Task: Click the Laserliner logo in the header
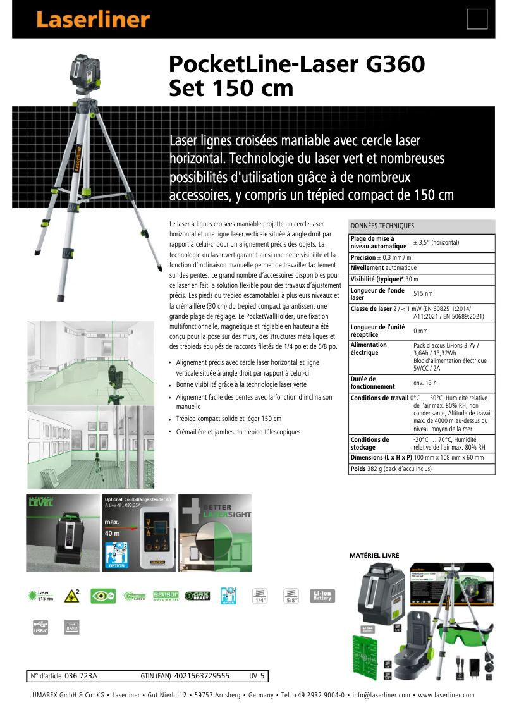pyautogui.click(x=93, y=20)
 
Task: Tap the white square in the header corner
pyautogui.click(x=477, y=19)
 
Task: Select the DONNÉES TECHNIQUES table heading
pyautogui.click(x=382, y=226)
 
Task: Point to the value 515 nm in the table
pyautogui.click(x=423, y=293)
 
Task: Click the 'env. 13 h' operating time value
pyautogui.click(x=425, y=383)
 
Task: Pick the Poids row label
pyautogui.click(x=359, y=469)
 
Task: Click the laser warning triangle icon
pyautogui.click(x=73, y=596)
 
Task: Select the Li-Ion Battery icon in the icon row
pyautogui.click(x=322, y=596)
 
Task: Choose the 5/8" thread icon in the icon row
pyautogui.click(x=291, y=596)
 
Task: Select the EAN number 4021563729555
pyautogui.click(x=202, y=676)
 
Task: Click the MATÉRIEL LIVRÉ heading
pyautogui.click(x=374, y=555)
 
